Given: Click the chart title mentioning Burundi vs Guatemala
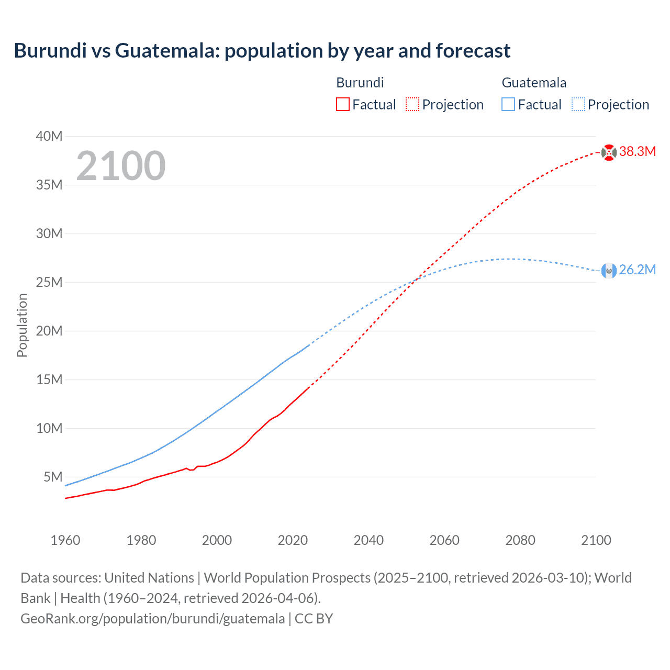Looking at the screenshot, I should click(262, 51).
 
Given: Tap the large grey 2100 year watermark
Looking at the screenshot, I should click(121, 166).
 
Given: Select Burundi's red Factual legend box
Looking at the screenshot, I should click(343, 104).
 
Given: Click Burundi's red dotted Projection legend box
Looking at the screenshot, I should click(412, 104).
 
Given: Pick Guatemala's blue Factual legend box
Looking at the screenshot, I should click(508, 104).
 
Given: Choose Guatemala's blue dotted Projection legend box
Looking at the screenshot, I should click(578, 104).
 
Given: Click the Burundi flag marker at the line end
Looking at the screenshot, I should click(609, 152).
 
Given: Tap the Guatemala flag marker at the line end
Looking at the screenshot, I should click(609, 271).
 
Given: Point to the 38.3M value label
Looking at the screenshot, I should click(637, 152).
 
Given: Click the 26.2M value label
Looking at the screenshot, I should click(637, 270).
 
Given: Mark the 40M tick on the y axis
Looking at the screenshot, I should click(49, 137).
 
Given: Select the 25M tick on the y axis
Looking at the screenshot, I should click(49, 283).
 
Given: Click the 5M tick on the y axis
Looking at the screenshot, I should click(53, 477).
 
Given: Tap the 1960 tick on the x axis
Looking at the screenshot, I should click(65, 540).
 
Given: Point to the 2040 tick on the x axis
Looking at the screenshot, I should click(368, 540).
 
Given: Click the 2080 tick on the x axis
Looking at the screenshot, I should click(520, 540).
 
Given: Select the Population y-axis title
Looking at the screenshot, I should click(22, 325).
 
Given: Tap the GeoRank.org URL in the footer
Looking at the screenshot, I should click(153, 619).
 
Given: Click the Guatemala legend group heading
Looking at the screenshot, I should click(534, 83).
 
